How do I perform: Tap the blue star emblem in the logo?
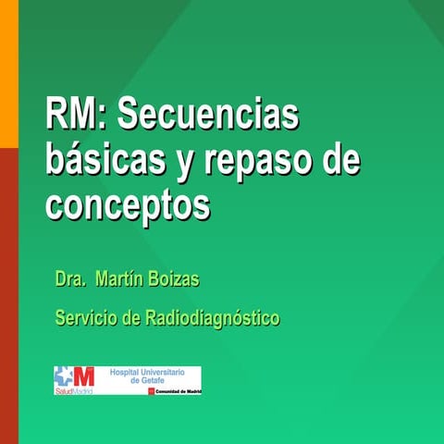63,376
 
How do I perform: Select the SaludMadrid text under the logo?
73,391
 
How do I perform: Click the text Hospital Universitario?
147,371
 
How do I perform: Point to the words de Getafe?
147,380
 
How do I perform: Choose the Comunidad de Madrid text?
179,391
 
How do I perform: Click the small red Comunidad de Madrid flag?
152,391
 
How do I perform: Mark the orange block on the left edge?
8,74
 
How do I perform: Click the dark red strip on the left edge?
8,296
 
